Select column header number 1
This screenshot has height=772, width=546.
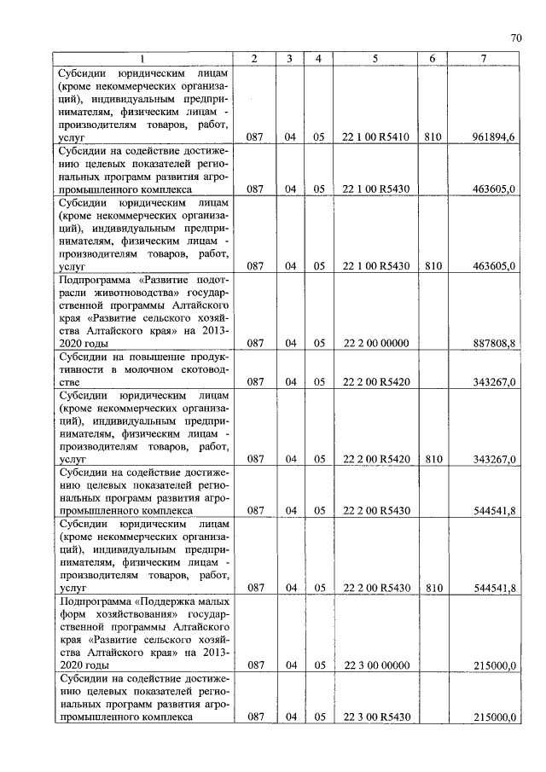(x=142, y=58)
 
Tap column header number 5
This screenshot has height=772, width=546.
(x=375, y=58)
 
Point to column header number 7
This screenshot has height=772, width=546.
(x=484, y=58)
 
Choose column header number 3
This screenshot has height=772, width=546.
(x=290, y=58)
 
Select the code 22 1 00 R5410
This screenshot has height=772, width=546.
(x=376, y=136)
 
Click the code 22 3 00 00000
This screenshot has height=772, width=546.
(x=376, y=665)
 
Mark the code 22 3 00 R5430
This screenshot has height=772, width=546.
(x=376, y=717)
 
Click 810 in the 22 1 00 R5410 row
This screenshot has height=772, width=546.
(x=433, y=136)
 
